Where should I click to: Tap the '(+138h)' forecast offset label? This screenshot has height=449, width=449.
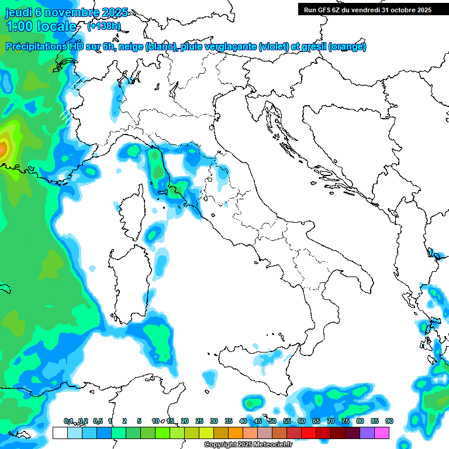click(x=103, y=26)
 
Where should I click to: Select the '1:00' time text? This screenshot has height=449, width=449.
click(x=18, y=26)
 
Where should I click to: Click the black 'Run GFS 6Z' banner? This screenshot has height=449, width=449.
click(x=367, y=9)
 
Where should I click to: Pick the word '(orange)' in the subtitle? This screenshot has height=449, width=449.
click(x=348, y=46)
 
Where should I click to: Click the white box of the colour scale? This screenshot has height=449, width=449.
click(x=60, y=433)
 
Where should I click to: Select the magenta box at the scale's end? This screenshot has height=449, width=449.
click(x=382, y=433)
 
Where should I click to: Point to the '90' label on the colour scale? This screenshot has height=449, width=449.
click(x=389, y=421)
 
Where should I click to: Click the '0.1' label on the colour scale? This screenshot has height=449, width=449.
click(x=68, y=421)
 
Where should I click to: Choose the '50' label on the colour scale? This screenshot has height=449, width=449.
click(x=272, y=421)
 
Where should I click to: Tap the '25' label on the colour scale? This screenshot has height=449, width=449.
click(x=199, y=421)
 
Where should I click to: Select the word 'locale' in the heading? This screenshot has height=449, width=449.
click(x=57, y=26)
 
